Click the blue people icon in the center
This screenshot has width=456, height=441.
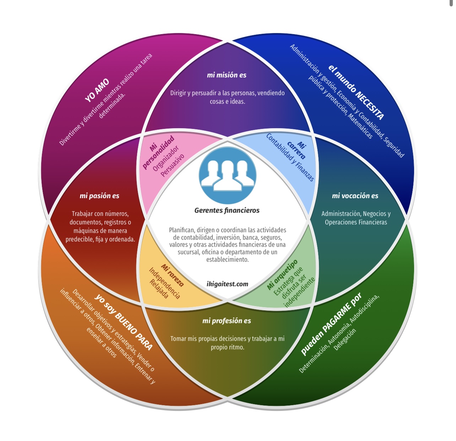(x=227, y=175)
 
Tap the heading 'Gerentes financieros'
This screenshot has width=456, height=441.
(x=227, y=210)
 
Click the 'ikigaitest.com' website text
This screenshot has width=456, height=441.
(x=227, y=284)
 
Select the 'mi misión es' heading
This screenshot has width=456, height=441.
(x=227, y=75)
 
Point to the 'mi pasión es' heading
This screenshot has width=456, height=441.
(x=99, y=196)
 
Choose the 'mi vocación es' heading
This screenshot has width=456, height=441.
(x=355, y=196)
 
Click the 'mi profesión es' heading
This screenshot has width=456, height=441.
(x=227, y=321)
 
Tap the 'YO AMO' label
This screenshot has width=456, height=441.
(x=97, y=90)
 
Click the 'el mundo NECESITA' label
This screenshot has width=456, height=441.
(x=356, y=92)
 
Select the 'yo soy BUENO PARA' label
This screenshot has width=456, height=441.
(x=124, y=322)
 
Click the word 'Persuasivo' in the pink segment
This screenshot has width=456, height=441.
(x=173, y=165)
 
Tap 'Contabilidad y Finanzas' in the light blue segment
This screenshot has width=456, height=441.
(x=290, y=157)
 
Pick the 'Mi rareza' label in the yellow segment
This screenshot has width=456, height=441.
(x=173, y=275)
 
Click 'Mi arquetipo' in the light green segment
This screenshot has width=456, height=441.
(x=282, y=274)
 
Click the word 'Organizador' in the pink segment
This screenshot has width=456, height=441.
(x=165, y=158)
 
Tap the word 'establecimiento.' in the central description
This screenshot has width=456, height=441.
(x=227, y=260)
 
